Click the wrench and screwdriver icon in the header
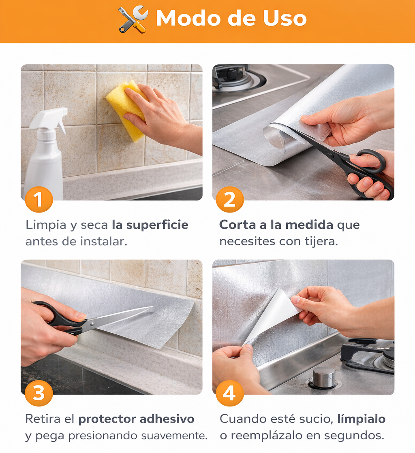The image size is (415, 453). [x=133, y=19]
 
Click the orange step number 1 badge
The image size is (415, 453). [x=39, y=200]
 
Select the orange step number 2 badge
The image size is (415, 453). [x=230, y=200]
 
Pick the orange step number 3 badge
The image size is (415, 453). [x=39, y=393]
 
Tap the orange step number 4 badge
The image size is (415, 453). [x=230, y=393]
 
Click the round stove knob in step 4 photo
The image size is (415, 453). [x=324, y=377]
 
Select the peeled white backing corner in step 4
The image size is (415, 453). [x=276, y=314]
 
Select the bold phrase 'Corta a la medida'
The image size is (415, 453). [x=276, y=225]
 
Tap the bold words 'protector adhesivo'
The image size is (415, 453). [x=136, y=419]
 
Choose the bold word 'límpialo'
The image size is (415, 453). [x=361, y=419]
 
